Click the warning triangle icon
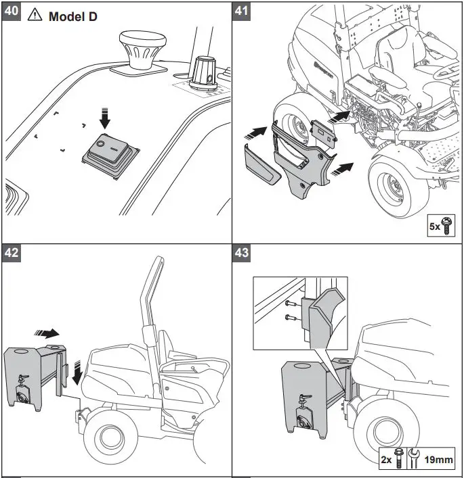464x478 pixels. [35, 15]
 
